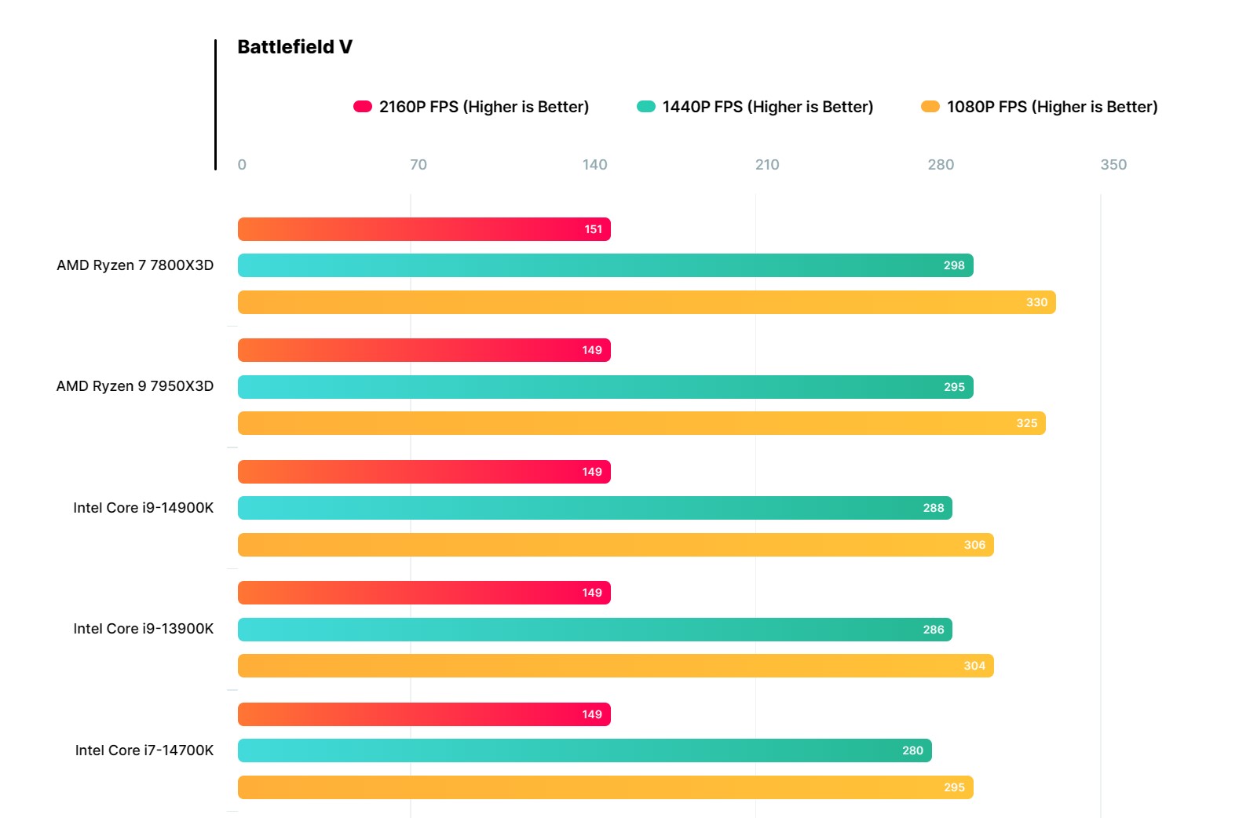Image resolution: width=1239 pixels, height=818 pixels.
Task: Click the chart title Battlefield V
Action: pos(294,47)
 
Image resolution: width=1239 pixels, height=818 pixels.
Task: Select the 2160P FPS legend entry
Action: pos(471,107)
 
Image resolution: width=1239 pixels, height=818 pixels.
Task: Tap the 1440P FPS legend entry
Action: pos(755,107)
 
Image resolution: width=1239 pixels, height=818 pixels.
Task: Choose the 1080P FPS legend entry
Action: pos(1039,107)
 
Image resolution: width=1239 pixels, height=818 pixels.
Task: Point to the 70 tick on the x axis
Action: pos(418,165)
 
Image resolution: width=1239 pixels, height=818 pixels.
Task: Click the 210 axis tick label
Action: pos(767,165)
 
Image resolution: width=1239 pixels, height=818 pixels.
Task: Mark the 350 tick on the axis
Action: pos(1113,165)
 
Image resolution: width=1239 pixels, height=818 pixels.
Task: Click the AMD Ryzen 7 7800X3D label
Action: pos(135,265)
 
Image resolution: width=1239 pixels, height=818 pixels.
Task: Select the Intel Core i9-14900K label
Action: pos(143,508)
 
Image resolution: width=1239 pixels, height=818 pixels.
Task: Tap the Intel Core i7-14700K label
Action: pos(144,750)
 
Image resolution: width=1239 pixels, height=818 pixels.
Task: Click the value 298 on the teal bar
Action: pos(954,265)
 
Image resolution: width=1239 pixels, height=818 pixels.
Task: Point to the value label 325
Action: pos(1027,423)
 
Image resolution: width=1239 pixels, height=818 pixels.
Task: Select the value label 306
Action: pos(974,545)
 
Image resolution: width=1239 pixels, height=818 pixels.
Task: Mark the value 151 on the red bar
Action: pos(594,229)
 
